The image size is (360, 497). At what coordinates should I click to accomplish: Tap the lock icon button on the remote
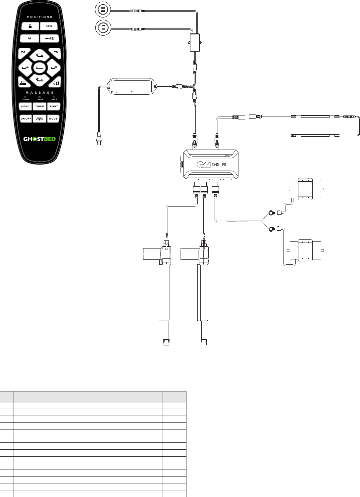coord(30,26)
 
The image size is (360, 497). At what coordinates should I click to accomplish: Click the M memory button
coord(30,39)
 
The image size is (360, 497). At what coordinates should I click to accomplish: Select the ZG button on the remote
coord(23,53)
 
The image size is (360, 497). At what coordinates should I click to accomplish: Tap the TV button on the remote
coord(56,53)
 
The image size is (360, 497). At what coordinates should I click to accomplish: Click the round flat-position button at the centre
coord(39,68)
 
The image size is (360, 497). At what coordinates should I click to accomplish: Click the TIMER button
coord(39,107)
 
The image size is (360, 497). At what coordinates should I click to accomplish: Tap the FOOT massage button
coord(54,107)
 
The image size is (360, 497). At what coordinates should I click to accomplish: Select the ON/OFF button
coord(26,118)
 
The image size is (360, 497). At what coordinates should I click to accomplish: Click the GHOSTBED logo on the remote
coord(39,139)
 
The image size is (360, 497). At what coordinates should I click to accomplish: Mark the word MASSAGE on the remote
coord(39,93)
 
